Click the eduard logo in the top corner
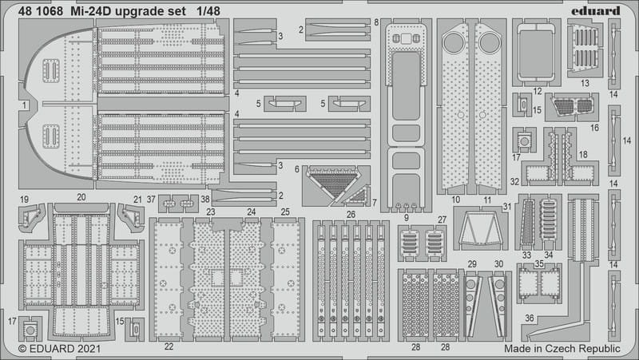pos(595,11)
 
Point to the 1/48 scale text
pos(208,11)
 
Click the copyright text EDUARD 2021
pos(59,349)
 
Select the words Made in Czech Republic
pos(562,349)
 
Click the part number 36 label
pos(530,318)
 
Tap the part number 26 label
pos(351,214)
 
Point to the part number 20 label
pos(81,197)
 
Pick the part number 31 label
pos(507,207)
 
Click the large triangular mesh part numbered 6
pos(334,184)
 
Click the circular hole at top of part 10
pos(453,43)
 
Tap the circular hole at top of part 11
pos(490,43)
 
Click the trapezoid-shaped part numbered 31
pos(481,229)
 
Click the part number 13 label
pos(585,83)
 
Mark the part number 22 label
pos(169,346)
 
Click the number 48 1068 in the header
pos(41,11)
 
